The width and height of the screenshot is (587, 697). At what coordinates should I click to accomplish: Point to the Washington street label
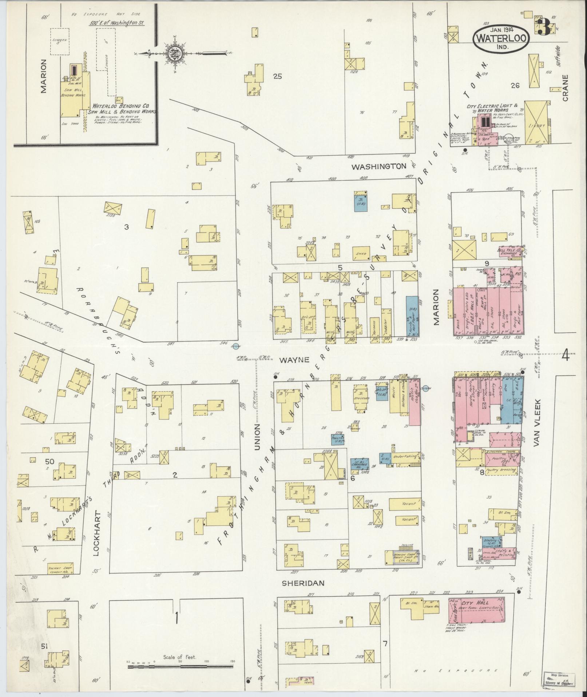378,166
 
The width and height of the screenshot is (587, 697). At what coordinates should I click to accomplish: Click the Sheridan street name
303,583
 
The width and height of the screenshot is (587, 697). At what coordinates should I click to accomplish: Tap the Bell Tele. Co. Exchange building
509,252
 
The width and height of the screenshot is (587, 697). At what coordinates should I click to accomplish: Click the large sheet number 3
544,27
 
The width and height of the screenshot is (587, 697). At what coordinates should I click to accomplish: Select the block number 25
278,77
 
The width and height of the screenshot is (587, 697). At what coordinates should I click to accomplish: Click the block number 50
49,461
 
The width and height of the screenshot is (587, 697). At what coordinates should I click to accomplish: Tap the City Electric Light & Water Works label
492,107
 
